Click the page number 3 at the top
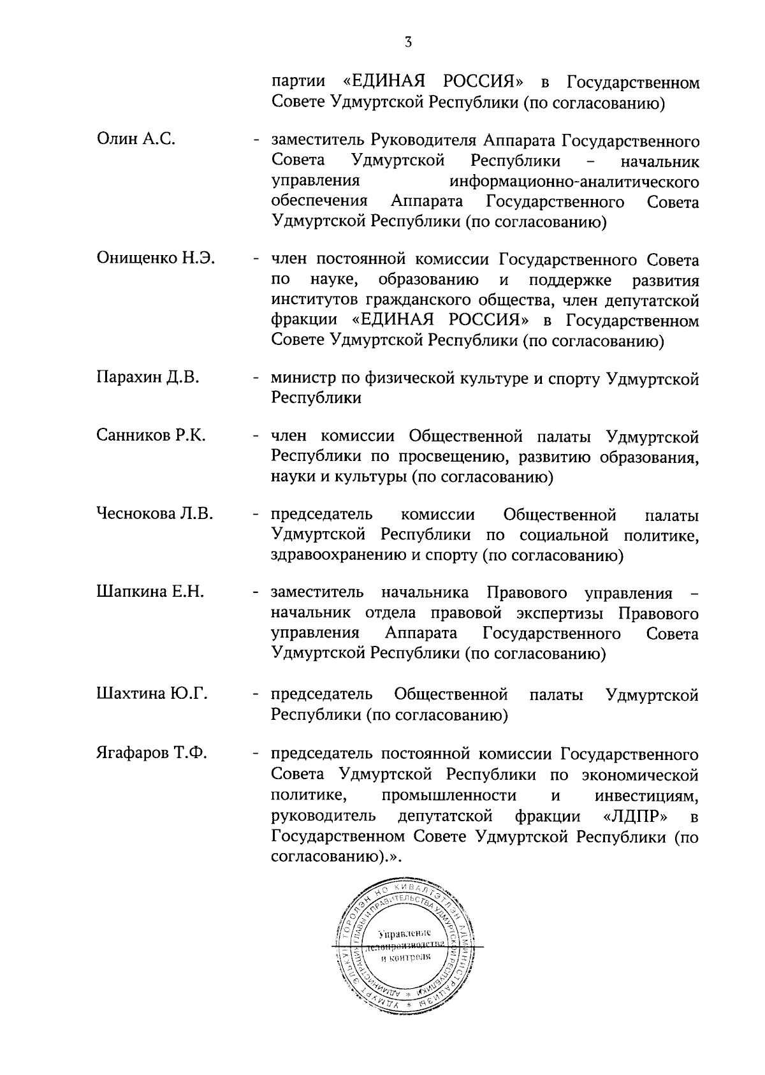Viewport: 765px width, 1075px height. coord(408,43)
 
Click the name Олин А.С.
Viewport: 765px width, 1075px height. coord(136,139)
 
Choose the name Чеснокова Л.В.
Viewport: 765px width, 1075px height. coord(155,513)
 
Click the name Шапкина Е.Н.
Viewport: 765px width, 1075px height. coord(150,592)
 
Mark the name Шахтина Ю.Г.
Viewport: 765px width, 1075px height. coord(152,693)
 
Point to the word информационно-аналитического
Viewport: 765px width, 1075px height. coord(574,182)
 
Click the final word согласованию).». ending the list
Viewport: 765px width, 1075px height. coord(337,856)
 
